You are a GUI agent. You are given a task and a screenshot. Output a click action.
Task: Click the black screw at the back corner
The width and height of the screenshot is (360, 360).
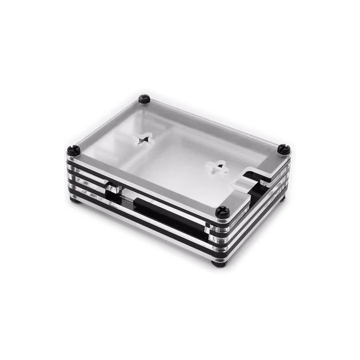point(144,99)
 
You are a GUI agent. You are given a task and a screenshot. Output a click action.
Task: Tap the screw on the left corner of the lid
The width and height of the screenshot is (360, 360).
point(74,150)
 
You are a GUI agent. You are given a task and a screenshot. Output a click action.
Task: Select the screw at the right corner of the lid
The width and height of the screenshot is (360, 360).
point(284,149)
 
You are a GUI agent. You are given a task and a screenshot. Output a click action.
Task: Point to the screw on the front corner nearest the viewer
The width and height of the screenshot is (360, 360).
point(223,213)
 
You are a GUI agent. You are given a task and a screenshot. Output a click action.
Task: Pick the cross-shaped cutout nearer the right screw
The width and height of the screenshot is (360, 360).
point(217,167)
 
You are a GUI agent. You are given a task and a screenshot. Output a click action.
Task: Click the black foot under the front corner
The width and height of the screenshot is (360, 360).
point(219,263)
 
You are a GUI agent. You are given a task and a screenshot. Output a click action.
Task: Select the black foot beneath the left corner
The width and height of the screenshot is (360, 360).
point(74,198)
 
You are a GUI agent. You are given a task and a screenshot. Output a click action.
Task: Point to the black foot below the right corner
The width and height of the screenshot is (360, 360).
point(282,198)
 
